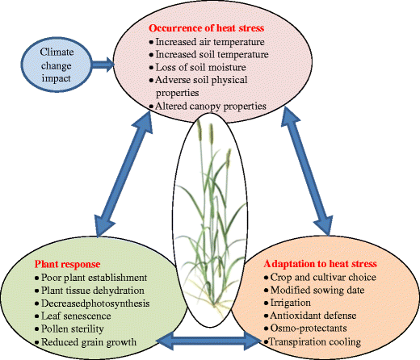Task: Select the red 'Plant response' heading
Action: click(x=68, y=264)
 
